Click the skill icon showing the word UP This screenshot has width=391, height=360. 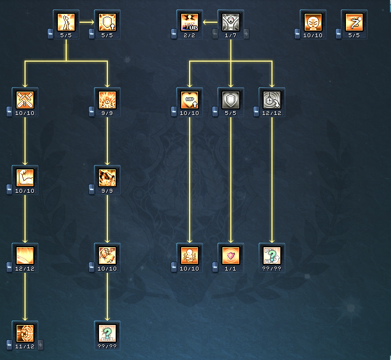click(190, 22)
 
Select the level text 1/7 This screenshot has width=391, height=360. click(231, 34)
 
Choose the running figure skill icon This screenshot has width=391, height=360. click(354, 22)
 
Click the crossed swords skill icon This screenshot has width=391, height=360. click(25, 99)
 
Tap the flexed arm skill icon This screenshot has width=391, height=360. click(25, 177)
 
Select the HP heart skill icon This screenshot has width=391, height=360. click(190, 99)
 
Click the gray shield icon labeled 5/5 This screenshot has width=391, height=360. click(231, 99)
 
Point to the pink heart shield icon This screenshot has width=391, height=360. click(231, 255)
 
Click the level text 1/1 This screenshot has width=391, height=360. click(231, 268)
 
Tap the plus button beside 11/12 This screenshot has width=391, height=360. click(41, 345)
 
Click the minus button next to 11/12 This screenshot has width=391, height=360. click(9, 345)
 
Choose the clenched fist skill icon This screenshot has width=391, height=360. click(107, 255)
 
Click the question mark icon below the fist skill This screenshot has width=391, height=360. click(107, 333)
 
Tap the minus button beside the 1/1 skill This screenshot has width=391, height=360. click(215, 267)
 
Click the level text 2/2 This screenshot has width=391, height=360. click(190, 34)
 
